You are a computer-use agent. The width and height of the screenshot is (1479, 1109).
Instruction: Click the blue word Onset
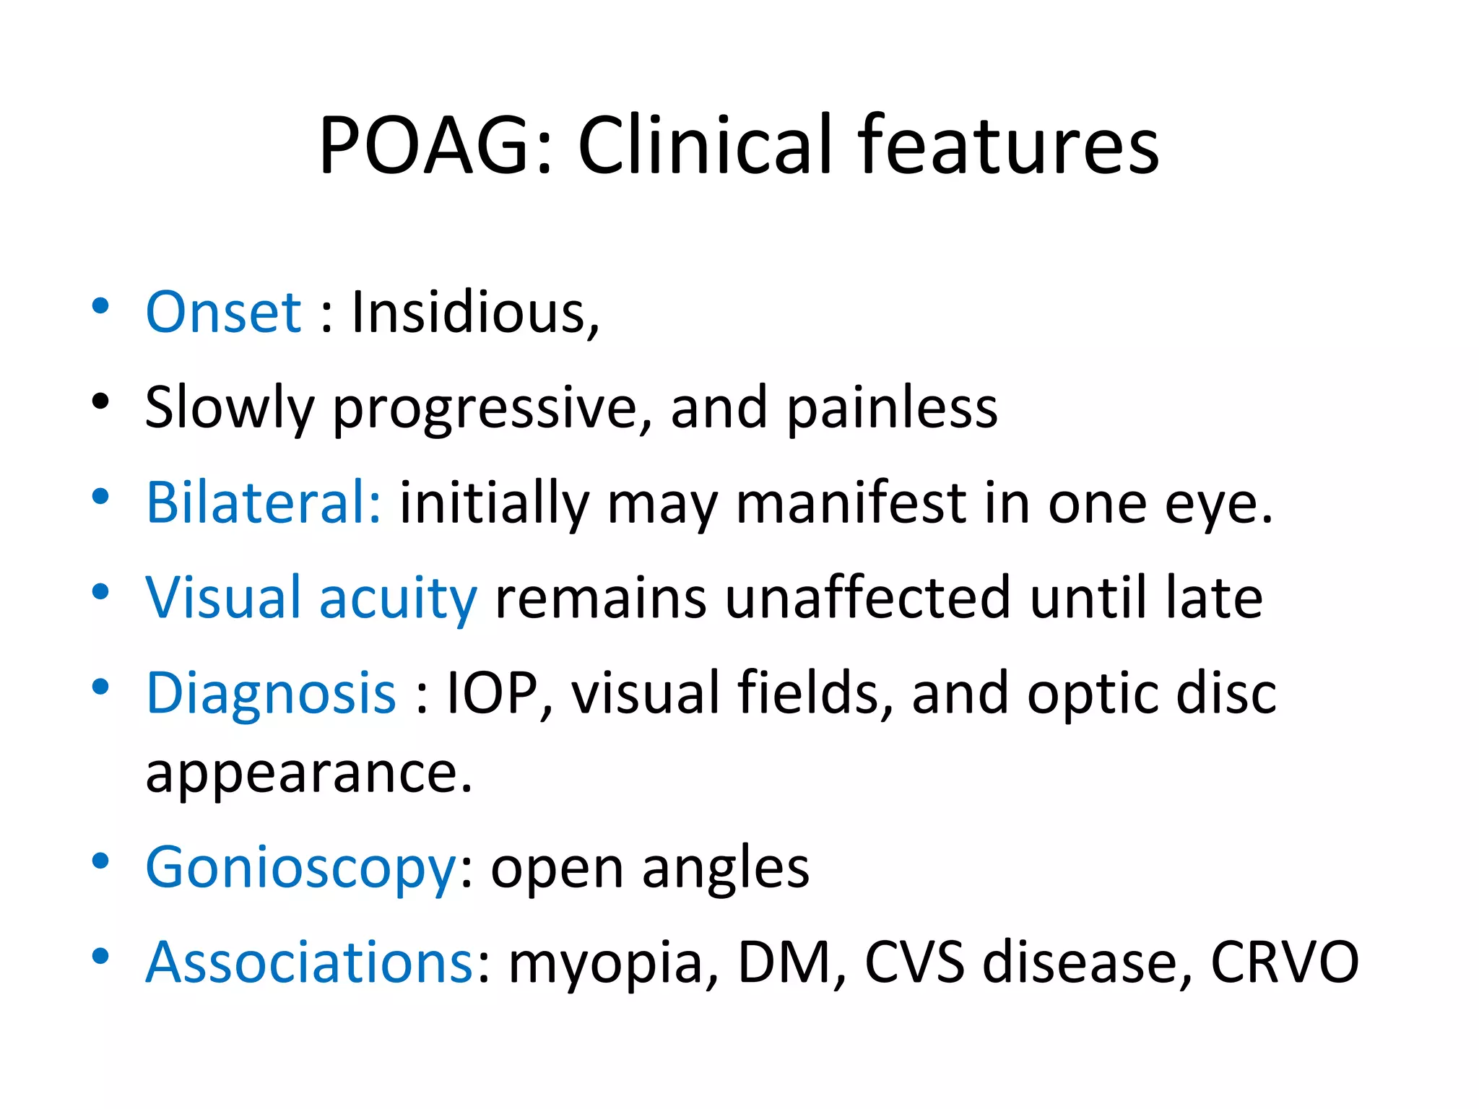pyautogui.click(x=223, y=312)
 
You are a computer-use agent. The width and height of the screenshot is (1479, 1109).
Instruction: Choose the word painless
pyautogui.click(x=892, y=407)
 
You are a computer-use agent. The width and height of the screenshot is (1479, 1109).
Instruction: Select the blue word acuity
pyautogui.click(x=398, y=598)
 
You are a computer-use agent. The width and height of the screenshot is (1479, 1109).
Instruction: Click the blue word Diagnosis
pyautogui.click(x=271, y=692)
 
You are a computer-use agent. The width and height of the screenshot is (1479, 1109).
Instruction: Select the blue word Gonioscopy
pyautogui.click(x=301, y=867)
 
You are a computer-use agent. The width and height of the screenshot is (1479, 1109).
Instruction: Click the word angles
pyautogui.click(x=726, y=867)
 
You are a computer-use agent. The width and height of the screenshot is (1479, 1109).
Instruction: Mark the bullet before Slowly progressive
pyautogui.click(x=100, y=401)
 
